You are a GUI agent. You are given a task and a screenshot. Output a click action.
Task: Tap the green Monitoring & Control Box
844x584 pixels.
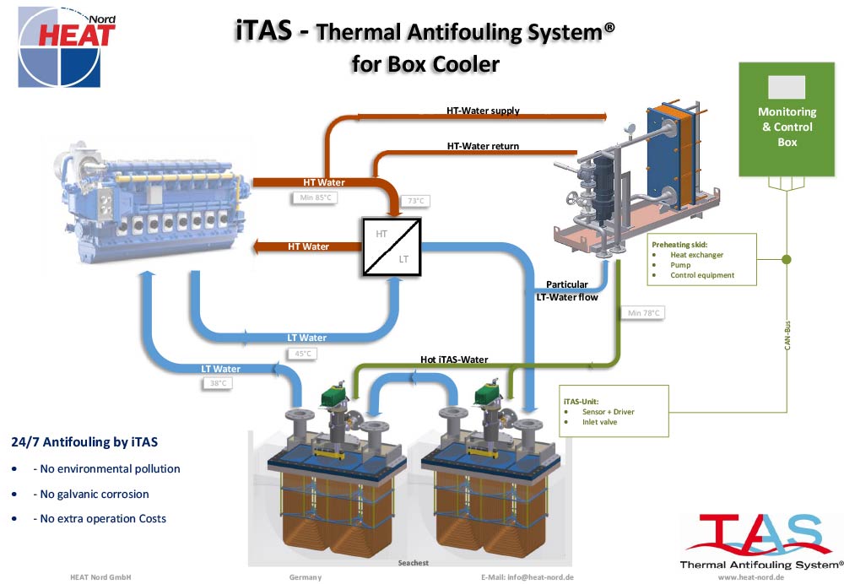(x=787, y=120)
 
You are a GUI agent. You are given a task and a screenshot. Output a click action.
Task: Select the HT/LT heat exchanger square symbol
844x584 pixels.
(x=392, y=246)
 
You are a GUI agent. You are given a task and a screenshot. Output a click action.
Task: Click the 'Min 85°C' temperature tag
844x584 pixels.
(x=316, y=197)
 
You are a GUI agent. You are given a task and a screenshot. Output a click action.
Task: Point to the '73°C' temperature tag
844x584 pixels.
(x=416, y=201)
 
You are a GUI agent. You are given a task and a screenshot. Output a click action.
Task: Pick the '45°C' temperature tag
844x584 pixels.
(x=303, y=354)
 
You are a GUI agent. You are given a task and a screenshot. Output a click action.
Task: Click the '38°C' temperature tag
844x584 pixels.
(x=218, y=383)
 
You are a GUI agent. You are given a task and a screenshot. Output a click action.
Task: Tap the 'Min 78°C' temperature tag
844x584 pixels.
(x=643, y=313)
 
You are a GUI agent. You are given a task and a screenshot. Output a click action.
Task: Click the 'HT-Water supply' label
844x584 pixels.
(x=483, y=111)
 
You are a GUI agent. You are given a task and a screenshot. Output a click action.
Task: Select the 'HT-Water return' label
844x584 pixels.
(x=483, y=146)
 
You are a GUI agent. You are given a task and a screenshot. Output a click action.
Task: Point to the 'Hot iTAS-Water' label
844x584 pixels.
(x=454, y=360)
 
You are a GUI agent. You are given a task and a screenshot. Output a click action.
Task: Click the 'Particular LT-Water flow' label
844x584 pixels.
(x=567, y=290)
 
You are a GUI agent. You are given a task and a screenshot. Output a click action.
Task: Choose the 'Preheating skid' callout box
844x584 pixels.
(x=701, y=259)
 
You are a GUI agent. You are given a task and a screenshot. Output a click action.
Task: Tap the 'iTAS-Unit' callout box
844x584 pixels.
(x=614, y=411)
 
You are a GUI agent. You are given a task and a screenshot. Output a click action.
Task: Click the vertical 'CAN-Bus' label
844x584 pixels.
(x=787, y=335)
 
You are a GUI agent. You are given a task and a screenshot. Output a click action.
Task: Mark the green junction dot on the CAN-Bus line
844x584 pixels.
(x=787, y=259)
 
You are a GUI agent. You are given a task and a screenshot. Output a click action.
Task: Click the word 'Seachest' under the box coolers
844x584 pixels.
(x=414, y=563)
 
